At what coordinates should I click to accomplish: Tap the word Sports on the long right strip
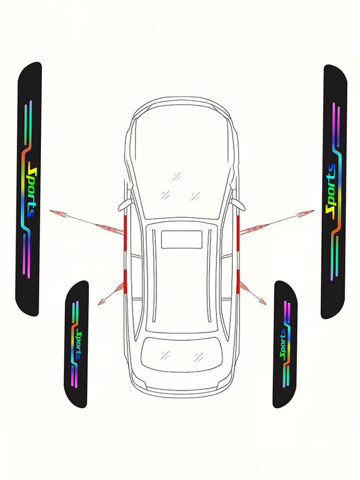330,189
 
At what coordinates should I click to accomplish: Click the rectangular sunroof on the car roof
181,239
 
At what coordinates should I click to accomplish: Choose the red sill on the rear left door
124,281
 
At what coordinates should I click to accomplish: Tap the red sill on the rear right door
238,281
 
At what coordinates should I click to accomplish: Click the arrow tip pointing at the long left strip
51,210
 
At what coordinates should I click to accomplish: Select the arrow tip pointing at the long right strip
312,211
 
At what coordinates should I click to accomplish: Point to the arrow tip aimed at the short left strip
100,303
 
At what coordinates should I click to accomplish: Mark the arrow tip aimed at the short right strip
264,303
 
